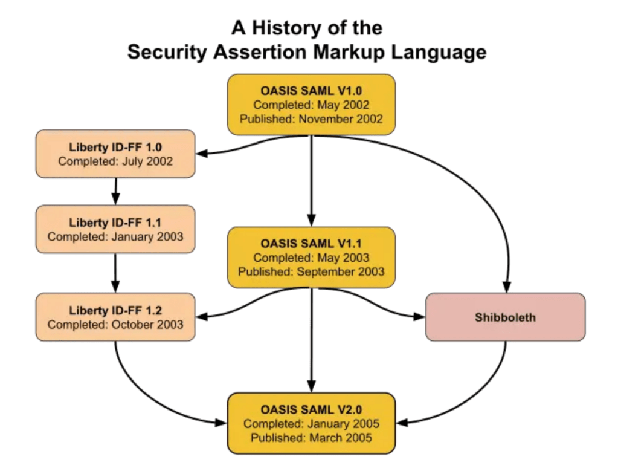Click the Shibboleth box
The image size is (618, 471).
[x=505, y=317]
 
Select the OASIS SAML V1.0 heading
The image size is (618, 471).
[x=311, y=91]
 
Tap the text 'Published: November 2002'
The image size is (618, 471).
[x=311, y=119]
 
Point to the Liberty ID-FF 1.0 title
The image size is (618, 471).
[x=115, y=147]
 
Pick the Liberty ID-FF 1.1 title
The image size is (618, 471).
[x=115, y=223]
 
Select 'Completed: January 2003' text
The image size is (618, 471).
[x=115, y=236]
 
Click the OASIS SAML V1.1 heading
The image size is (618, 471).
[x=311, y=244]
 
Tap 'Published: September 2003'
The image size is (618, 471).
[x=311, y=271]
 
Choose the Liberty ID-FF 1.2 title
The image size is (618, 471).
[x=115, y=311]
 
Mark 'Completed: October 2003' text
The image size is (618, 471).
[x=115, y=325]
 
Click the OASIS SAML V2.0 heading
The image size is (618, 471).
[x=311, y=410]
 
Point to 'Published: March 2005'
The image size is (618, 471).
[x=311, y=437]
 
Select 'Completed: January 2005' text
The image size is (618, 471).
[x=311, y=424]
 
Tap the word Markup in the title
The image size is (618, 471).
[x=350, y=52]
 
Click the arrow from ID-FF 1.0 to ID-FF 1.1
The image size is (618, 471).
[x=115, y=191]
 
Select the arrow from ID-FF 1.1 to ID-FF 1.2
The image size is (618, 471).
[x=115, y=272]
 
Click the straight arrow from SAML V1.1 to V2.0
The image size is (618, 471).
[x=311, y=339]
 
